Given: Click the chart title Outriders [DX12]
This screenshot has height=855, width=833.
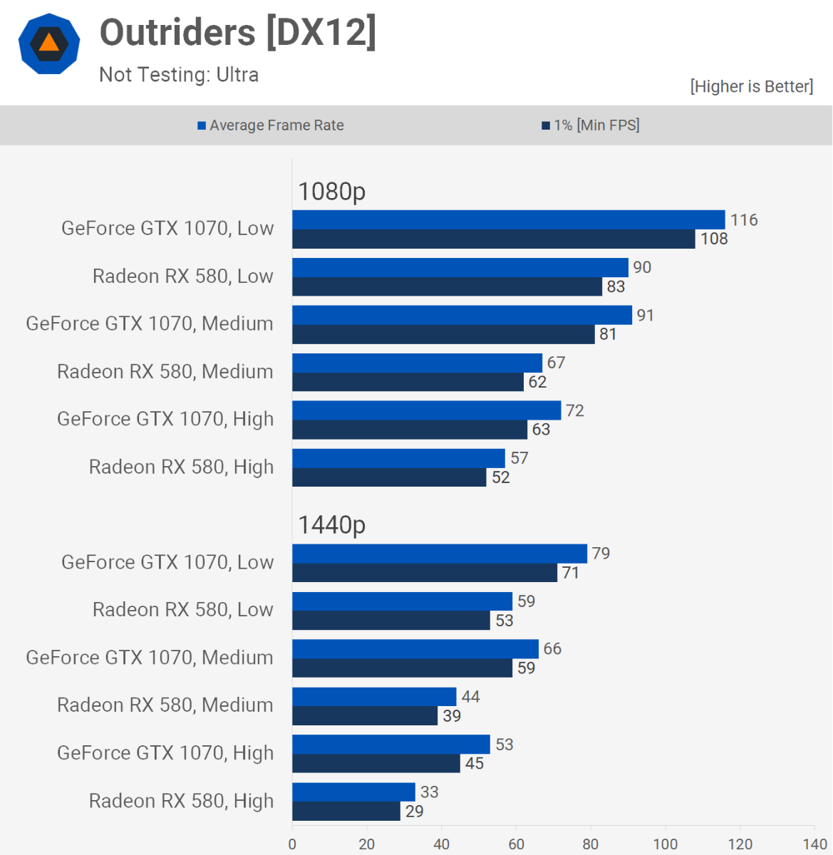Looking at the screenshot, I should click(x=237, y=33).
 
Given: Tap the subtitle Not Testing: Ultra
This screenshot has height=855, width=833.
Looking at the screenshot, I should click(x=179, y=75).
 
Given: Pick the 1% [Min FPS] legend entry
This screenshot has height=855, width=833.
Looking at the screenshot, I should click(x=591, y=125).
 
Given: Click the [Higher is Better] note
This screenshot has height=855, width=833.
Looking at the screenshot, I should click(x=751, y=86).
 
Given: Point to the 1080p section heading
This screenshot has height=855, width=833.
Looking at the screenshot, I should click(x=331, y=191).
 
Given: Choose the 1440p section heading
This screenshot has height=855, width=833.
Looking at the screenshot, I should click(x=331, y=525).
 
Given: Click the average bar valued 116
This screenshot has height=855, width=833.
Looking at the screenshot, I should click(x=508, y=219).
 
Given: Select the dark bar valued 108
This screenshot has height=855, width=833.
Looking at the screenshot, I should click(x=493, y=239).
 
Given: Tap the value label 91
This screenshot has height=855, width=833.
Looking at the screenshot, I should click(x=646, y=315).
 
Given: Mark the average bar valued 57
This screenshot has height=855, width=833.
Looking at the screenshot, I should click(x=398, y=458).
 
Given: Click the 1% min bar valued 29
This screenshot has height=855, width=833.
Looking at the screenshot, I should click(x=346, y=811).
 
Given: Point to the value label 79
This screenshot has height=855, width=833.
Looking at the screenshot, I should click(x=601, y=554).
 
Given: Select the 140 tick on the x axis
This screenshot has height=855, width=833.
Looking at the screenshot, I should click(x=814, y=844).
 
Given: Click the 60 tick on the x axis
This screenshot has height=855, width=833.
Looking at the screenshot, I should click(x=516, y=844).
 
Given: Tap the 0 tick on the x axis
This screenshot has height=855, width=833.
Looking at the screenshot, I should click(x=292, y=844).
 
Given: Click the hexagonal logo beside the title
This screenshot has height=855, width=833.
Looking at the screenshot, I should click(x=48, y=43).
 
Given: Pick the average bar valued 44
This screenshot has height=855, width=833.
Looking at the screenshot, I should click(x=374, y=697).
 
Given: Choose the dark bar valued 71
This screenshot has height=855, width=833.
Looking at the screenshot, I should click(x=425, y=573).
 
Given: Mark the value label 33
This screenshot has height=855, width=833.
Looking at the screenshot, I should click(x=429, y=792).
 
